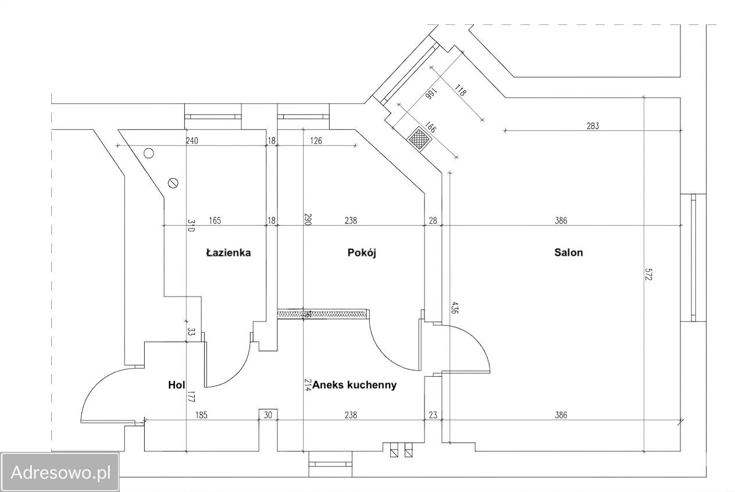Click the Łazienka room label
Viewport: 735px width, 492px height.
[x=229, y=253]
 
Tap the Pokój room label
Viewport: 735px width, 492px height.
[x=362, y=253]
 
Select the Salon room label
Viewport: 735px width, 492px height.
[x=569, y=252]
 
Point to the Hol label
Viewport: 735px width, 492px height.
[x=177, y=384]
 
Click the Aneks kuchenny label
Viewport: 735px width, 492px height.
[x=354, y=384]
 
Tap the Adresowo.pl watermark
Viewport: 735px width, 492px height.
[x=60, y=473]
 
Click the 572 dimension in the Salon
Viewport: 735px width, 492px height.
[x=649, y=274]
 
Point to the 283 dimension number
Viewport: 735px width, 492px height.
[x=593, y=126]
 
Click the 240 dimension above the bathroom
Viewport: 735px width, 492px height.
[x=192, y=141]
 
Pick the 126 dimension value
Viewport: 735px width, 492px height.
[x=316, y=141]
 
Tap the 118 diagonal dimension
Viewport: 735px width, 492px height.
[x=460, y=90]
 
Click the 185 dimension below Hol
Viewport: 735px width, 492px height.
[x=201, y=415]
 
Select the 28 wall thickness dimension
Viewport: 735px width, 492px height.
[x=433, y=220]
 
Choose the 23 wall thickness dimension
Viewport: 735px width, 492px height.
[x=433, y=415]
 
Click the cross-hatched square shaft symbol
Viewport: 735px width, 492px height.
[x=420, y=138]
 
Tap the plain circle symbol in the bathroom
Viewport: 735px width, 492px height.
[x=149, y=154]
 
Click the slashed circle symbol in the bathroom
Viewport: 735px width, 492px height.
[x=173, y=183]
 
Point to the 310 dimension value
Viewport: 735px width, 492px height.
[x=191, y=226]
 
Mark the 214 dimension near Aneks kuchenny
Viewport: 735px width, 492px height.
[x=308, y=385]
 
